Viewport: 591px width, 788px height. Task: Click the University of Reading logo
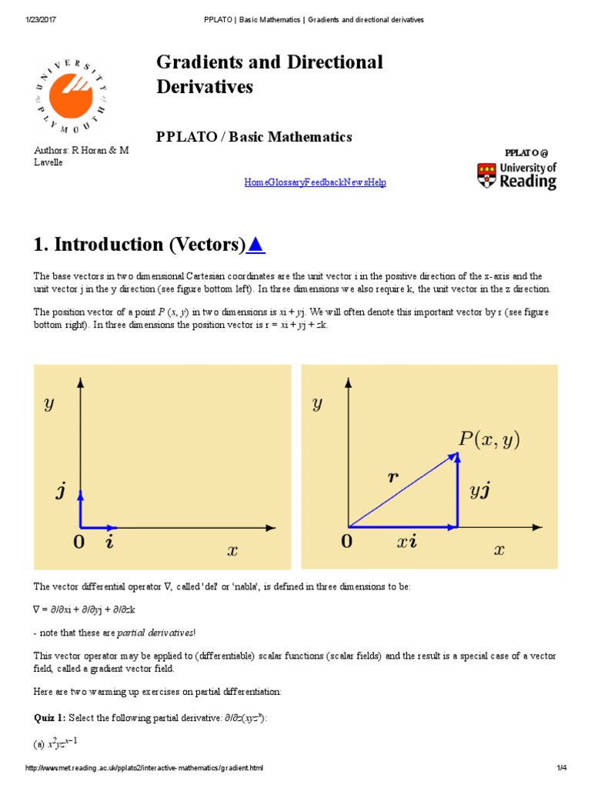[x=516, y=175]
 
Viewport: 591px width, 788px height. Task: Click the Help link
[x=377, y=182]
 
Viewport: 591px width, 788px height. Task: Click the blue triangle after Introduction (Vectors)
[x=256, y=245]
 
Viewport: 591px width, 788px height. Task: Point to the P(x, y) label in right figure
[x=489, y=439]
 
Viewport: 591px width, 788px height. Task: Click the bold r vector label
[x=393, y=476]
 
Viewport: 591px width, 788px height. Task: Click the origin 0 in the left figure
[x=78, y=543]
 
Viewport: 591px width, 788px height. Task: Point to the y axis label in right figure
[x=317, y=404]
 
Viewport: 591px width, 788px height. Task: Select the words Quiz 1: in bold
[x=49, y=717]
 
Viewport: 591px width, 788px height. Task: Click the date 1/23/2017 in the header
[x=39, y=18]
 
